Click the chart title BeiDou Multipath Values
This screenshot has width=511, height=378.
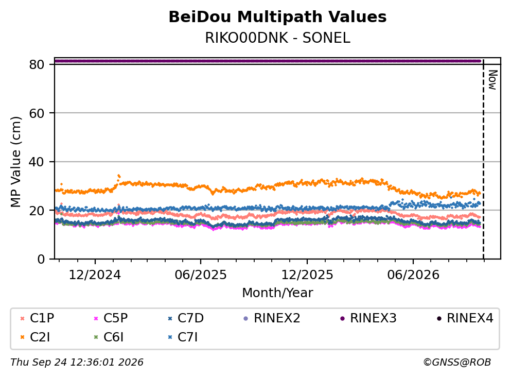point(277,17)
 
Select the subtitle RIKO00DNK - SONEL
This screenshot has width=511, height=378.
point(277,38)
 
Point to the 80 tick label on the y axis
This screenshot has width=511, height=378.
point(37,64)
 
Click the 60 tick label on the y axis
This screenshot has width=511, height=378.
point(37,113)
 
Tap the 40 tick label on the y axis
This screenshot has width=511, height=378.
point(37,162)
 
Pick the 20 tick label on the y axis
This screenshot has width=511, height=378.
point(37,210)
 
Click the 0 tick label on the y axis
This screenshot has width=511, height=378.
point(41,259)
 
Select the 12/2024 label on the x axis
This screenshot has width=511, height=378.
point(95,275)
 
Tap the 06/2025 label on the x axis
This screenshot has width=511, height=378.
point(200,275)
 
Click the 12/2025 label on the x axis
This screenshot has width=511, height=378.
point(307,275)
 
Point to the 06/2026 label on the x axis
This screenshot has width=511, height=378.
point(413,275)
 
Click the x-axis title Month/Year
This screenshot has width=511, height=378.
point(277,293)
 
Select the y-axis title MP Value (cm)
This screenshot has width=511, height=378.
point(15,162)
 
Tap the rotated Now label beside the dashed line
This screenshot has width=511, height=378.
point(492,80)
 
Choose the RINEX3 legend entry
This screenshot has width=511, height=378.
point(368,318)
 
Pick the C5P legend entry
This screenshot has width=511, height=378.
point(111,318)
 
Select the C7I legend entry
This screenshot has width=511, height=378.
point(183,337)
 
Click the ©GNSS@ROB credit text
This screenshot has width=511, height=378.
point(457,363)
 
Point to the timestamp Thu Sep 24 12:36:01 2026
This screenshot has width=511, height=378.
point(77,363)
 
